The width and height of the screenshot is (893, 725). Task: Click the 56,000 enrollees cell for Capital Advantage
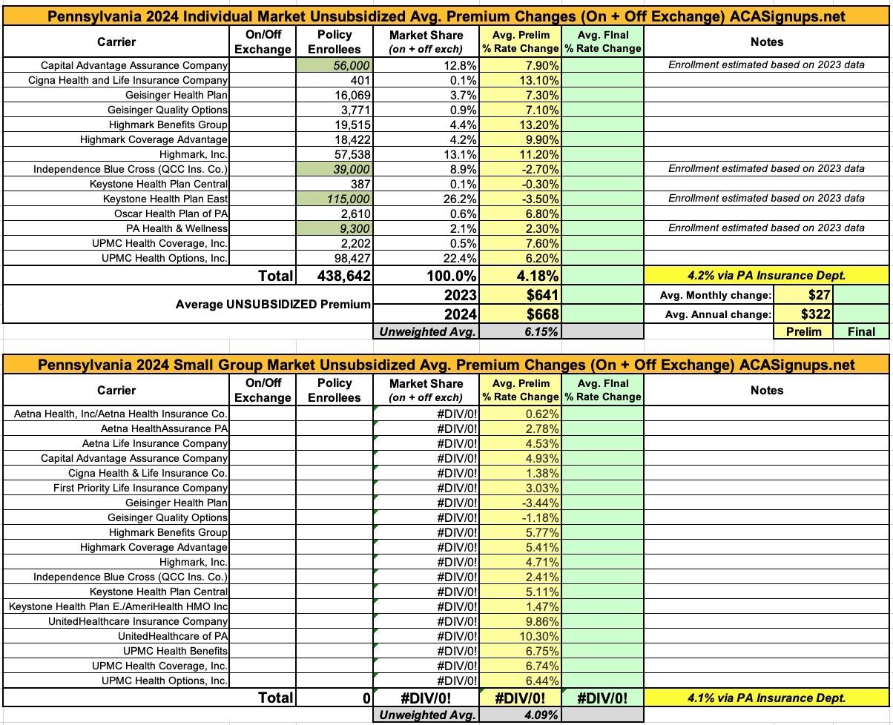(x=335, y=65)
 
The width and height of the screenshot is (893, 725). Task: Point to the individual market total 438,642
(x=335, y=276)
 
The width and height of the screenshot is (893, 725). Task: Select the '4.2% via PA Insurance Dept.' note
(x=767, y=276)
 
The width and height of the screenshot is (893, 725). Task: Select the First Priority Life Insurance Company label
(x=140, y=488)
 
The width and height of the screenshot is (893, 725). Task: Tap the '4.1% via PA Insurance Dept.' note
(x=767, y=698)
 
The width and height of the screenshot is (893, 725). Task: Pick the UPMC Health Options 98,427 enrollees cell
(x=335, y=258)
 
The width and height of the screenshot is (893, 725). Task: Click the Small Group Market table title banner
(x=446, y=365)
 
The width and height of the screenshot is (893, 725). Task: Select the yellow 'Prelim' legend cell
(x=804, y=332)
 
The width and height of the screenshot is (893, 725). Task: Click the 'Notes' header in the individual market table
(x=767, y=42)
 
